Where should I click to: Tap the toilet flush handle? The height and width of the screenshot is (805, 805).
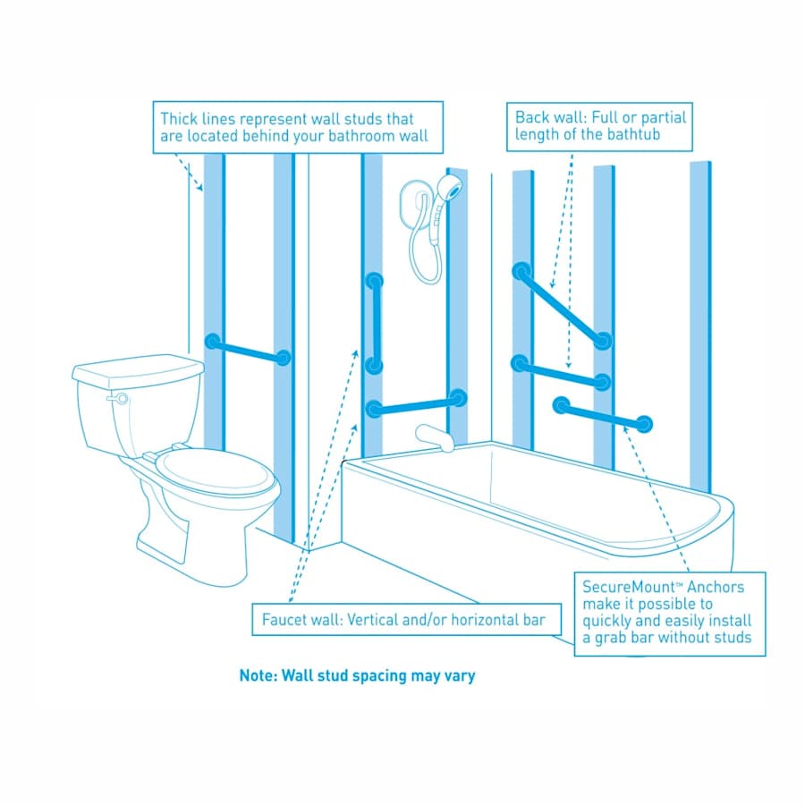117,398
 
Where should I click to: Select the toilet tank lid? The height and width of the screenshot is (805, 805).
139,368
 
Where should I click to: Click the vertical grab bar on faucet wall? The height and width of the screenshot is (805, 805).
375,323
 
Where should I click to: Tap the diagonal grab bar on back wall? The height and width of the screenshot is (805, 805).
561,304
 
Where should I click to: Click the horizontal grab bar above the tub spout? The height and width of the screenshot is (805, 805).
417,403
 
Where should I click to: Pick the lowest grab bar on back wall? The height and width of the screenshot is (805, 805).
602,416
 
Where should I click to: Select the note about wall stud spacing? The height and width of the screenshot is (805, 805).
357,675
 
